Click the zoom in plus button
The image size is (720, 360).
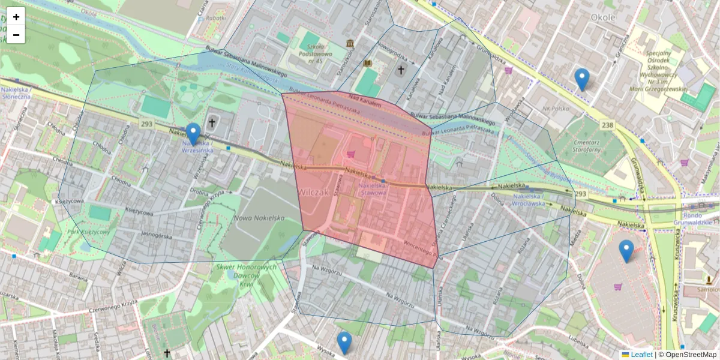tap(16, 17)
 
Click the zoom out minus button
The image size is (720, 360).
tap(16, 35)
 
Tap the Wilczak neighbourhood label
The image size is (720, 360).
tap(313, 193)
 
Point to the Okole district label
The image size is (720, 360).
tap(603, 17)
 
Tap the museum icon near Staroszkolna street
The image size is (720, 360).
tap(350, 44)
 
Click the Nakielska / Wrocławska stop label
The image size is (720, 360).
tap(529, 199)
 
